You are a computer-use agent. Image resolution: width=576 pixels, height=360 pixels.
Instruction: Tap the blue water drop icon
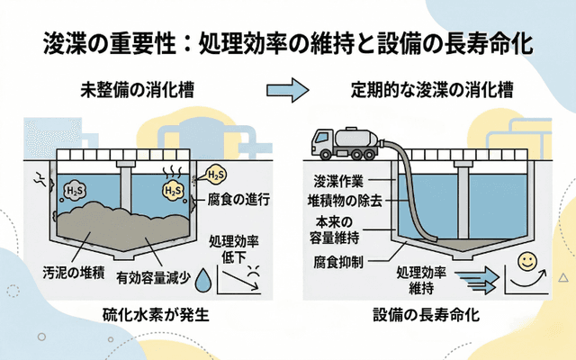tap(206, 276)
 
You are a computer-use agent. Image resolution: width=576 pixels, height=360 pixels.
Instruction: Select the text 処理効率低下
tap(233, 249)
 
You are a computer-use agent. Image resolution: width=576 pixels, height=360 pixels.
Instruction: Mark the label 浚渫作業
tap(338, 180)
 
